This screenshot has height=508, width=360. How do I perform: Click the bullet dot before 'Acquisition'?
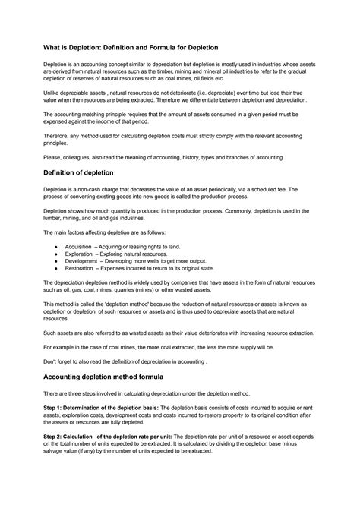click(x=59, y=247)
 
